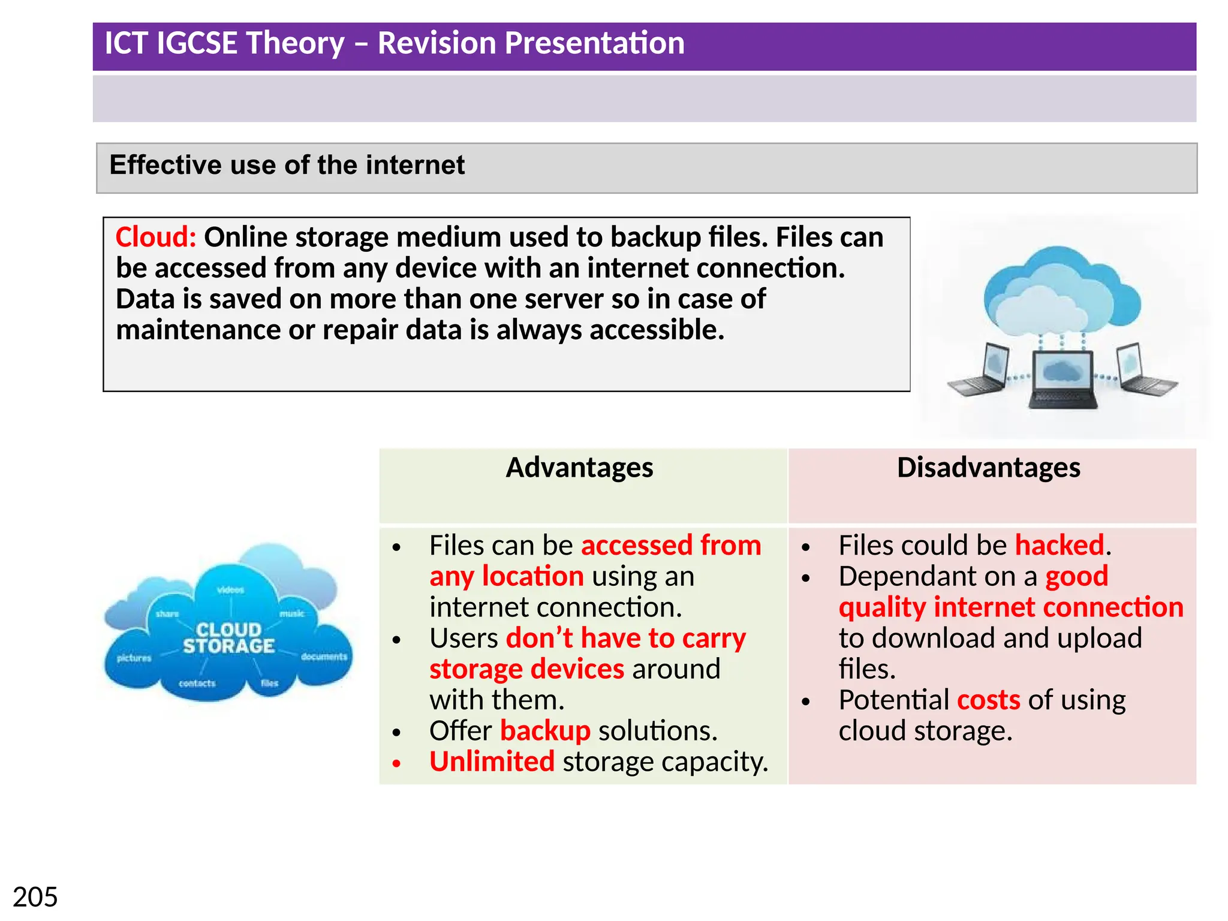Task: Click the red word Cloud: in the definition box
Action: [x=155, y=237]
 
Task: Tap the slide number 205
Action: [x=35, y=898]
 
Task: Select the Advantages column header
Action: [x=579, y=468]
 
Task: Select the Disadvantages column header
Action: [x=988, y=468]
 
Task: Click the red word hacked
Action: [x=1060, y=546]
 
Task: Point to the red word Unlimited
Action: [x=492, y=762]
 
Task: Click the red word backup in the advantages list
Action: [x=545, y=731]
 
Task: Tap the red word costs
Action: [x=989, y=700]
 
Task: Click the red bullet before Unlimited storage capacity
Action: [x=396, y=763]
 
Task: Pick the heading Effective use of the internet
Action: [x=287, y=165]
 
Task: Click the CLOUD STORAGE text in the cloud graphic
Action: [x=228, y=638]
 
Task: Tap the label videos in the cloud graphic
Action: [x=231, y=590]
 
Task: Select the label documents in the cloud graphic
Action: [x=324, y=657]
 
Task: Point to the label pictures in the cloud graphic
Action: [x=134, y=658]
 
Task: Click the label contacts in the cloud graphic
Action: [x=197, y=683]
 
